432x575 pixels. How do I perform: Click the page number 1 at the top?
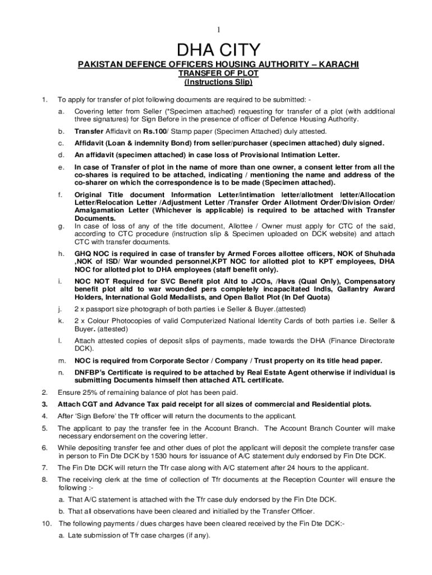click(218, 29)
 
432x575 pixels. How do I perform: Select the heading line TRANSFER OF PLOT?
click(218, 74)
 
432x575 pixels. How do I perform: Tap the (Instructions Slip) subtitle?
click(218, 82)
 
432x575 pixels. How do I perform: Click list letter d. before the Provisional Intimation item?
click(61, 154)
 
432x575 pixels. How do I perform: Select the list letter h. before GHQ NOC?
click(61, 254)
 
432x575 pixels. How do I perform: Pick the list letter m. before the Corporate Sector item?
click(61, 360)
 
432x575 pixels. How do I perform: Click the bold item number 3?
click(44, 404)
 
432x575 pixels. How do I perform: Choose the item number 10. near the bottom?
click(47, 523)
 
